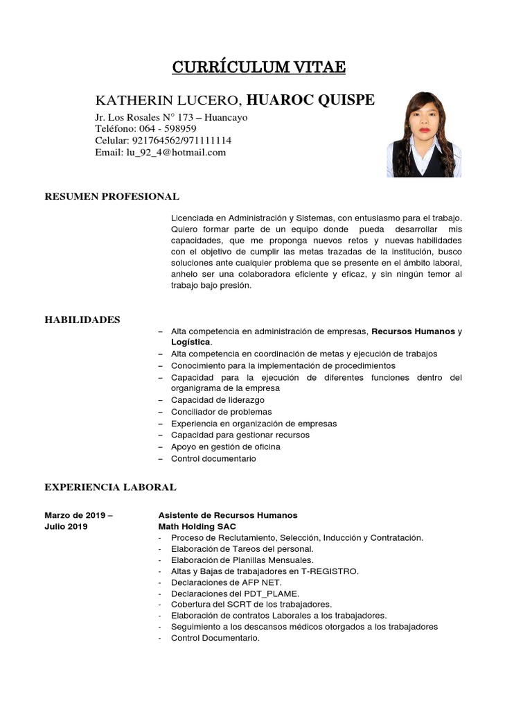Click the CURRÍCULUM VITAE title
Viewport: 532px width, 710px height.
(258, 67)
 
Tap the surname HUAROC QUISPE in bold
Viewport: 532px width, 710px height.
(310, 100)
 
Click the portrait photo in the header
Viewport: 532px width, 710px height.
(423, 135)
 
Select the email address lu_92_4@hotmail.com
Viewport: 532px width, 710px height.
(176, 153)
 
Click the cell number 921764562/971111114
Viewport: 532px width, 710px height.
(177, 141)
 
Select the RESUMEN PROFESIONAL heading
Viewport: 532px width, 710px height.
(112, 197)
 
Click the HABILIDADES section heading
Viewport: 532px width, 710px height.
(82, 320)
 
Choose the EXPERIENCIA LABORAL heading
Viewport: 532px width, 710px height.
(110, 487)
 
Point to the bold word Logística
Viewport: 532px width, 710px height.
(191, 343)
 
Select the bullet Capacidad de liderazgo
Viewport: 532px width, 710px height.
(218, 400)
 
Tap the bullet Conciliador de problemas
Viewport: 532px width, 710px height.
(221, 412)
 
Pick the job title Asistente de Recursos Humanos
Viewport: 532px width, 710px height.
(228, 515)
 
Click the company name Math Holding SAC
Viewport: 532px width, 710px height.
(197, 527)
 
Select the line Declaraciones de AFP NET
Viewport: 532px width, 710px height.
(226, 582)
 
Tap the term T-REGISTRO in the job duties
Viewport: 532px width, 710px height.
(329, 571)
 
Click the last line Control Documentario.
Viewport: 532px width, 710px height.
(215, 638)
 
